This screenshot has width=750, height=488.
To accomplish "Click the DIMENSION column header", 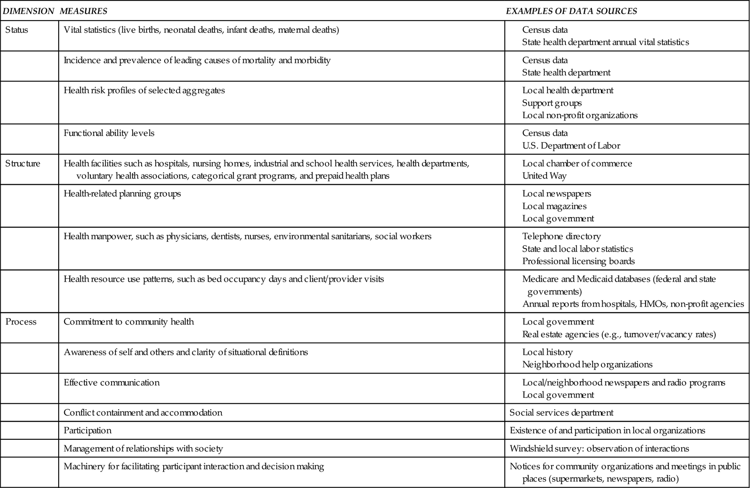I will (x=29, y=11).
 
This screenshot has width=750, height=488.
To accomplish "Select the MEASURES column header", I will (x=83, y=11).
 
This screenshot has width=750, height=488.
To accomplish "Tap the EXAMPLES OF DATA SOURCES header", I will (x=571, y=11).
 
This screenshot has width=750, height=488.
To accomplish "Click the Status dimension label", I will (x=16, y=30).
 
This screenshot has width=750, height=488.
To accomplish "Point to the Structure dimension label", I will (x=22, y=164).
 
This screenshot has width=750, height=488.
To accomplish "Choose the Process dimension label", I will (x=21, y=322).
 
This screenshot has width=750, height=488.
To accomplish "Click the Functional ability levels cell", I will (x=109, y=133).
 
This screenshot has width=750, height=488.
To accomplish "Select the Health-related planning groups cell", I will (x=122, y=194).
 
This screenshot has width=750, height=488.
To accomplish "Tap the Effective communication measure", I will (x=112, y=383).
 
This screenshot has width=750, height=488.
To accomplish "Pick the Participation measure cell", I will (x=88, y=430).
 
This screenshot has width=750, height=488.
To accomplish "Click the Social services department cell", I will (x=561, y=413).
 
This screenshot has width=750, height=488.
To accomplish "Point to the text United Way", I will (x=544, y=176).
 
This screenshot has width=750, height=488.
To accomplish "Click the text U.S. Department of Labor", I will (x=571, y=146).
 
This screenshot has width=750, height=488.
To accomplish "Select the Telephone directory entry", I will (x=561, y=236).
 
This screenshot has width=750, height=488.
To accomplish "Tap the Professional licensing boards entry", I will (x=578, y=261).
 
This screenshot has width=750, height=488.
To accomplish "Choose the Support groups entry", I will (x=552, y=103).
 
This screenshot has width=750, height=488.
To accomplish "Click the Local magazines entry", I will (x=554, y=206).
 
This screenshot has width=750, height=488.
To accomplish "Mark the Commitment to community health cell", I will (x=128, y=322).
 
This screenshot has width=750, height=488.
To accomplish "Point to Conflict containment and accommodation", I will (x=143, y=413).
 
